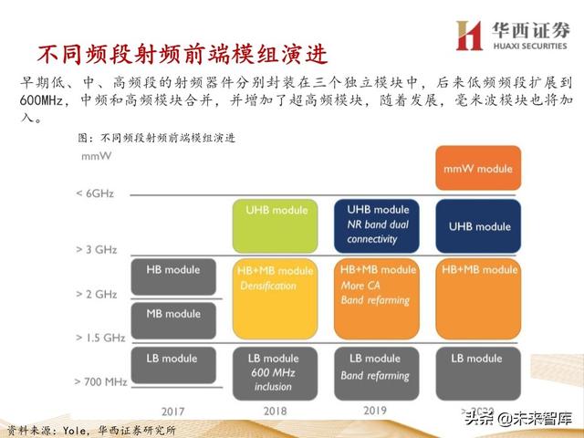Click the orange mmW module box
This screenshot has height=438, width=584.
pos(477,168)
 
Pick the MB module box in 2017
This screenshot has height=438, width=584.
pos(172,315)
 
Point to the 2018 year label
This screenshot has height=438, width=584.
pos(275,411)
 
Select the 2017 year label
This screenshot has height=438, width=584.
pos(172,411)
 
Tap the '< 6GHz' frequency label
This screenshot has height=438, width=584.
pos(98,193)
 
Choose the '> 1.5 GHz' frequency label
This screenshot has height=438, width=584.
pos(100,337)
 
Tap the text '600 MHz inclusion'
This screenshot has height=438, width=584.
pos(273,380)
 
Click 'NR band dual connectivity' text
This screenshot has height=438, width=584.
pos(378,232)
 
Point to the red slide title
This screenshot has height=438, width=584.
pos(174,50)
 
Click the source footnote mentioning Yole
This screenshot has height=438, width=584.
pos(90,429)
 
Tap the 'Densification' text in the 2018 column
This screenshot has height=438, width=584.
pos(268,286)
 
